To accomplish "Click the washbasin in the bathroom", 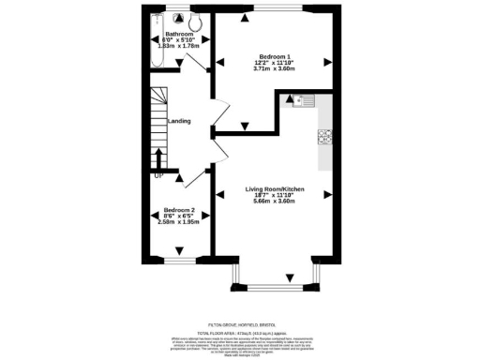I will [170, 21].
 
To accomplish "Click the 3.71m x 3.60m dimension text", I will [275, 68].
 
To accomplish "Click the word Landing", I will [179, 121].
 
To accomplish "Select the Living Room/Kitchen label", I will [275, 188].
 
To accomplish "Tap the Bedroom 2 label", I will [178, 210].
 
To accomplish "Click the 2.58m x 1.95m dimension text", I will [178, 222].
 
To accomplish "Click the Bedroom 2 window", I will [176, 258].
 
